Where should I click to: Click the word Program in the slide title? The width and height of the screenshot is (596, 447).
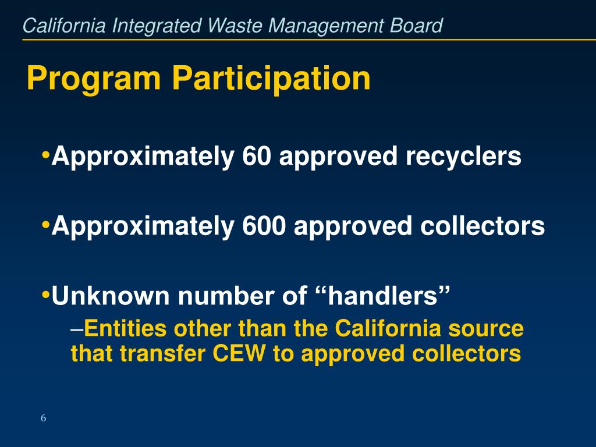tap(93, 79)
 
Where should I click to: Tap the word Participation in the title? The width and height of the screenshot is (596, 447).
tap(270, 79)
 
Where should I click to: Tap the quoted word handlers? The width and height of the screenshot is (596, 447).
tap(384, 297)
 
